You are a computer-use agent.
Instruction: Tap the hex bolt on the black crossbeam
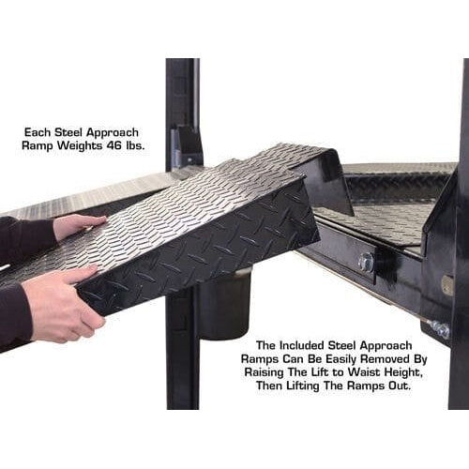coord(366,262)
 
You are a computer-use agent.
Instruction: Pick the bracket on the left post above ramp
coord(185,145)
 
